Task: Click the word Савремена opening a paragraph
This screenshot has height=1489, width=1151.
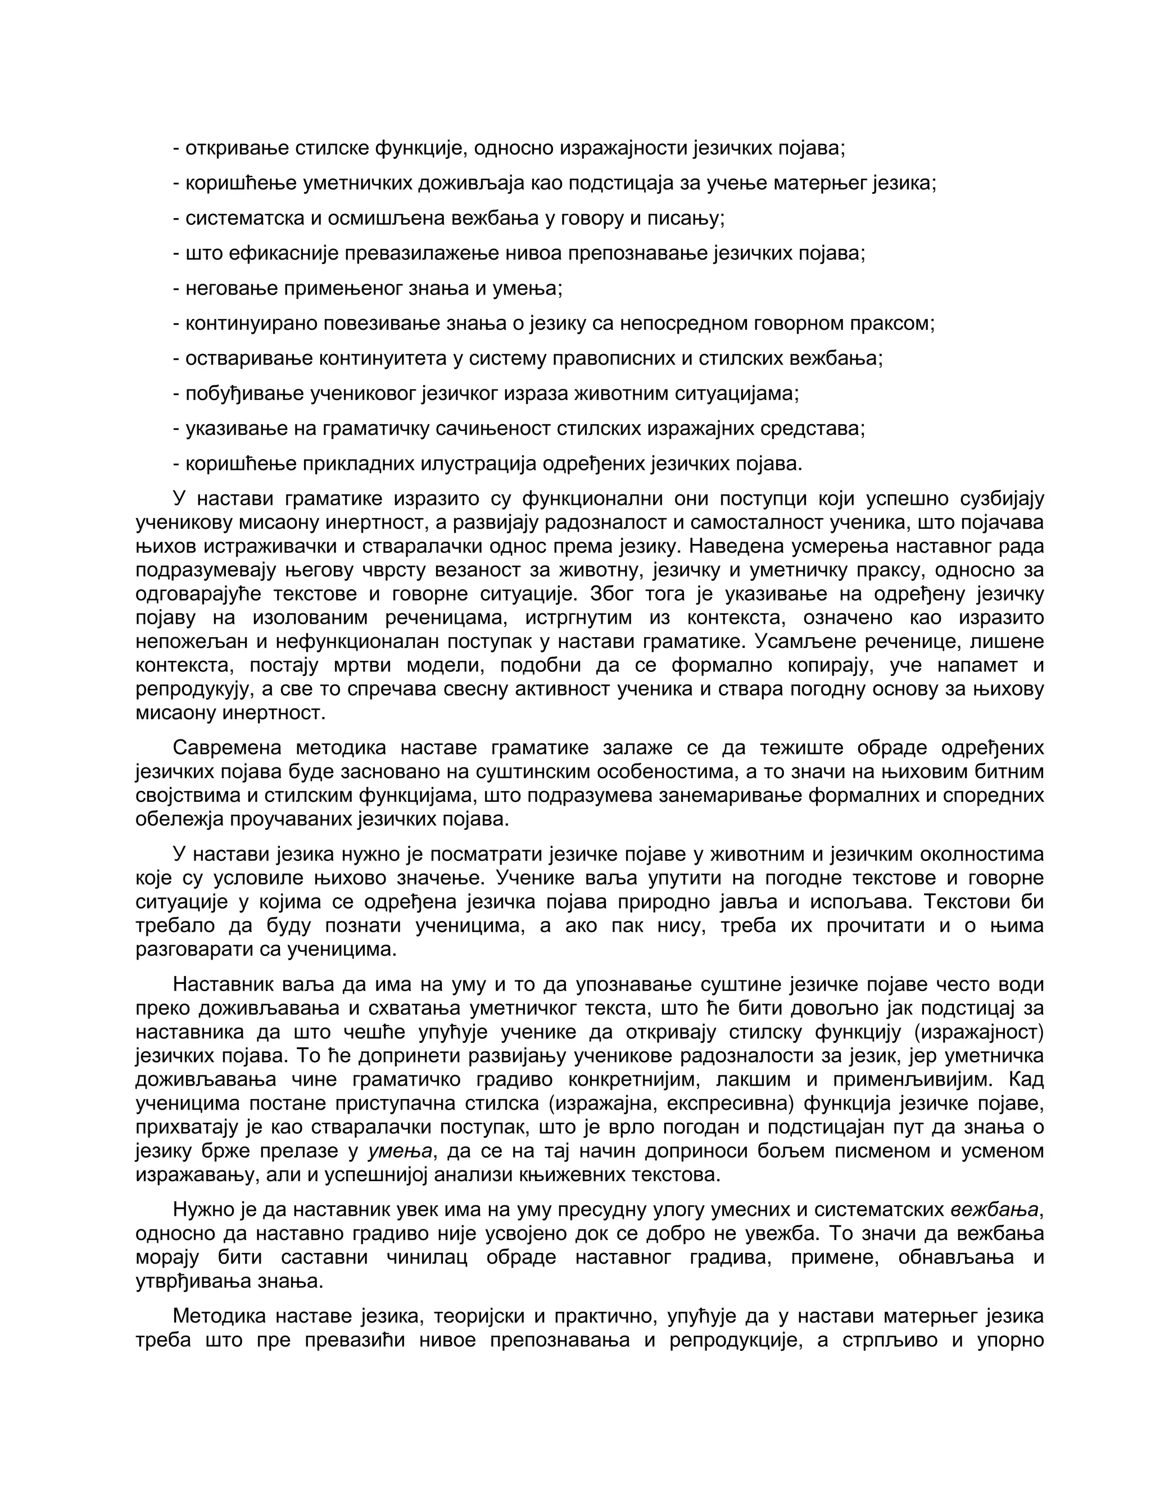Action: (226, 748)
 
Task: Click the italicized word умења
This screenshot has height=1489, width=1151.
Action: (400, 1151)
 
